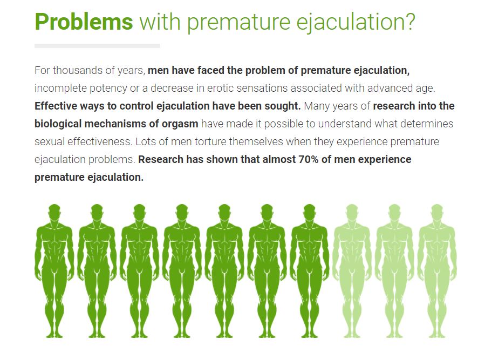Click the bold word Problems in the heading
(x=84, y=22)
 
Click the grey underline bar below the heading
(x=97, y=46)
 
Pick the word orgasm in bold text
(x=180, y=124)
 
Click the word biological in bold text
(x=58, y=124)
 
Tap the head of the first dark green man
(x=54, y=212)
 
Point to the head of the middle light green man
(x=394, y=212)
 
